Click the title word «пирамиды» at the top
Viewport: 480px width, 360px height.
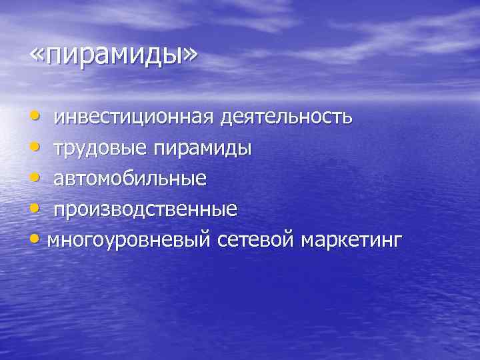(113, 56)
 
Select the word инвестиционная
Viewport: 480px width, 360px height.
(134, 118)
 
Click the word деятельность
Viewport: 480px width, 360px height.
(287, 118)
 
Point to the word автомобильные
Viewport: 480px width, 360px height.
(130, 179)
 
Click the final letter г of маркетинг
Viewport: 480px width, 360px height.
(399, 240)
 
